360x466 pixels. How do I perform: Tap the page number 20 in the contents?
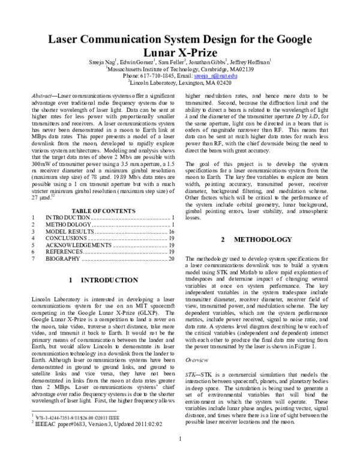171,260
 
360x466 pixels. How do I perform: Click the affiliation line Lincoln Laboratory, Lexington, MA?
180,84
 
